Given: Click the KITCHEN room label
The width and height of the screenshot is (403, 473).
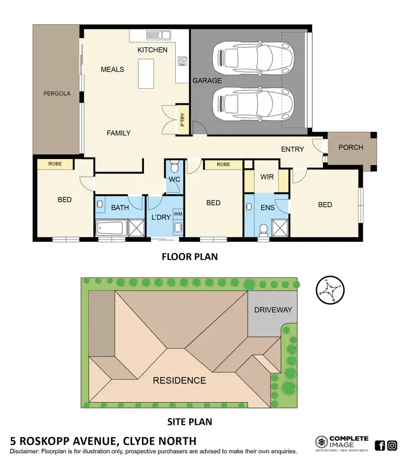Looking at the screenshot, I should pyautogui.click(x=153, y=50).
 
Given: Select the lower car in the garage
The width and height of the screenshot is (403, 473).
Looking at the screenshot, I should pyautogui.click(x=253, y=105).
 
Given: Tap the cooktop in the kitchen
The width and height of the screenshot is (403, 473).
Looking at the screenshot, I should pyautogui.click(x=182, y=61).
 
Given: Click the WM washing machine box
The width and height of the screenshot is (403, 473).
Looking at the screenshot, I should pyautogui.click(x=178, y=214).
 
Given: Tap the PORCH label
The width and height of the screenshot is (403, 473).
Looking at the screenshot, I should pyautogui.click(x=351, y=147).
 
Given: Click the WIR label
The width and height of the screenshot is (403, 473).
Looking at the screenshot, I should pyautogui.click(x=267, y=177).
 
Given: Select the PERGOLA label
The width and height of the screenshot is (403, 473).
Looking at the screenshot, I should pyautogui.click(x=57, y=94).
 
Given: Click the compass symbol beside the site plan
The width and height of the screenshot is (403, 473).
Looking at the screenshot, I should pyautogui.click(x=329, y=290).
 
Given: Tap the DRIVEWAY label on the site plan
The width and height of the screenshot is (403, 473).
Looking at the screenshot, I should pyautogui.click(x=273, y=310).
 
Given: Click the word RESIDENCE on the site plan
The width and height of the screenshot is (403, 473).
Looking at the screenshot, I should pyautogui.click(x=179, y=381).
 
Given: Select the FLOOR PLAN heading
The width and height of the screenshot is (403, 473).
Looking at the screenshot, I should pyautogui.click(x=190, y=256).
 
